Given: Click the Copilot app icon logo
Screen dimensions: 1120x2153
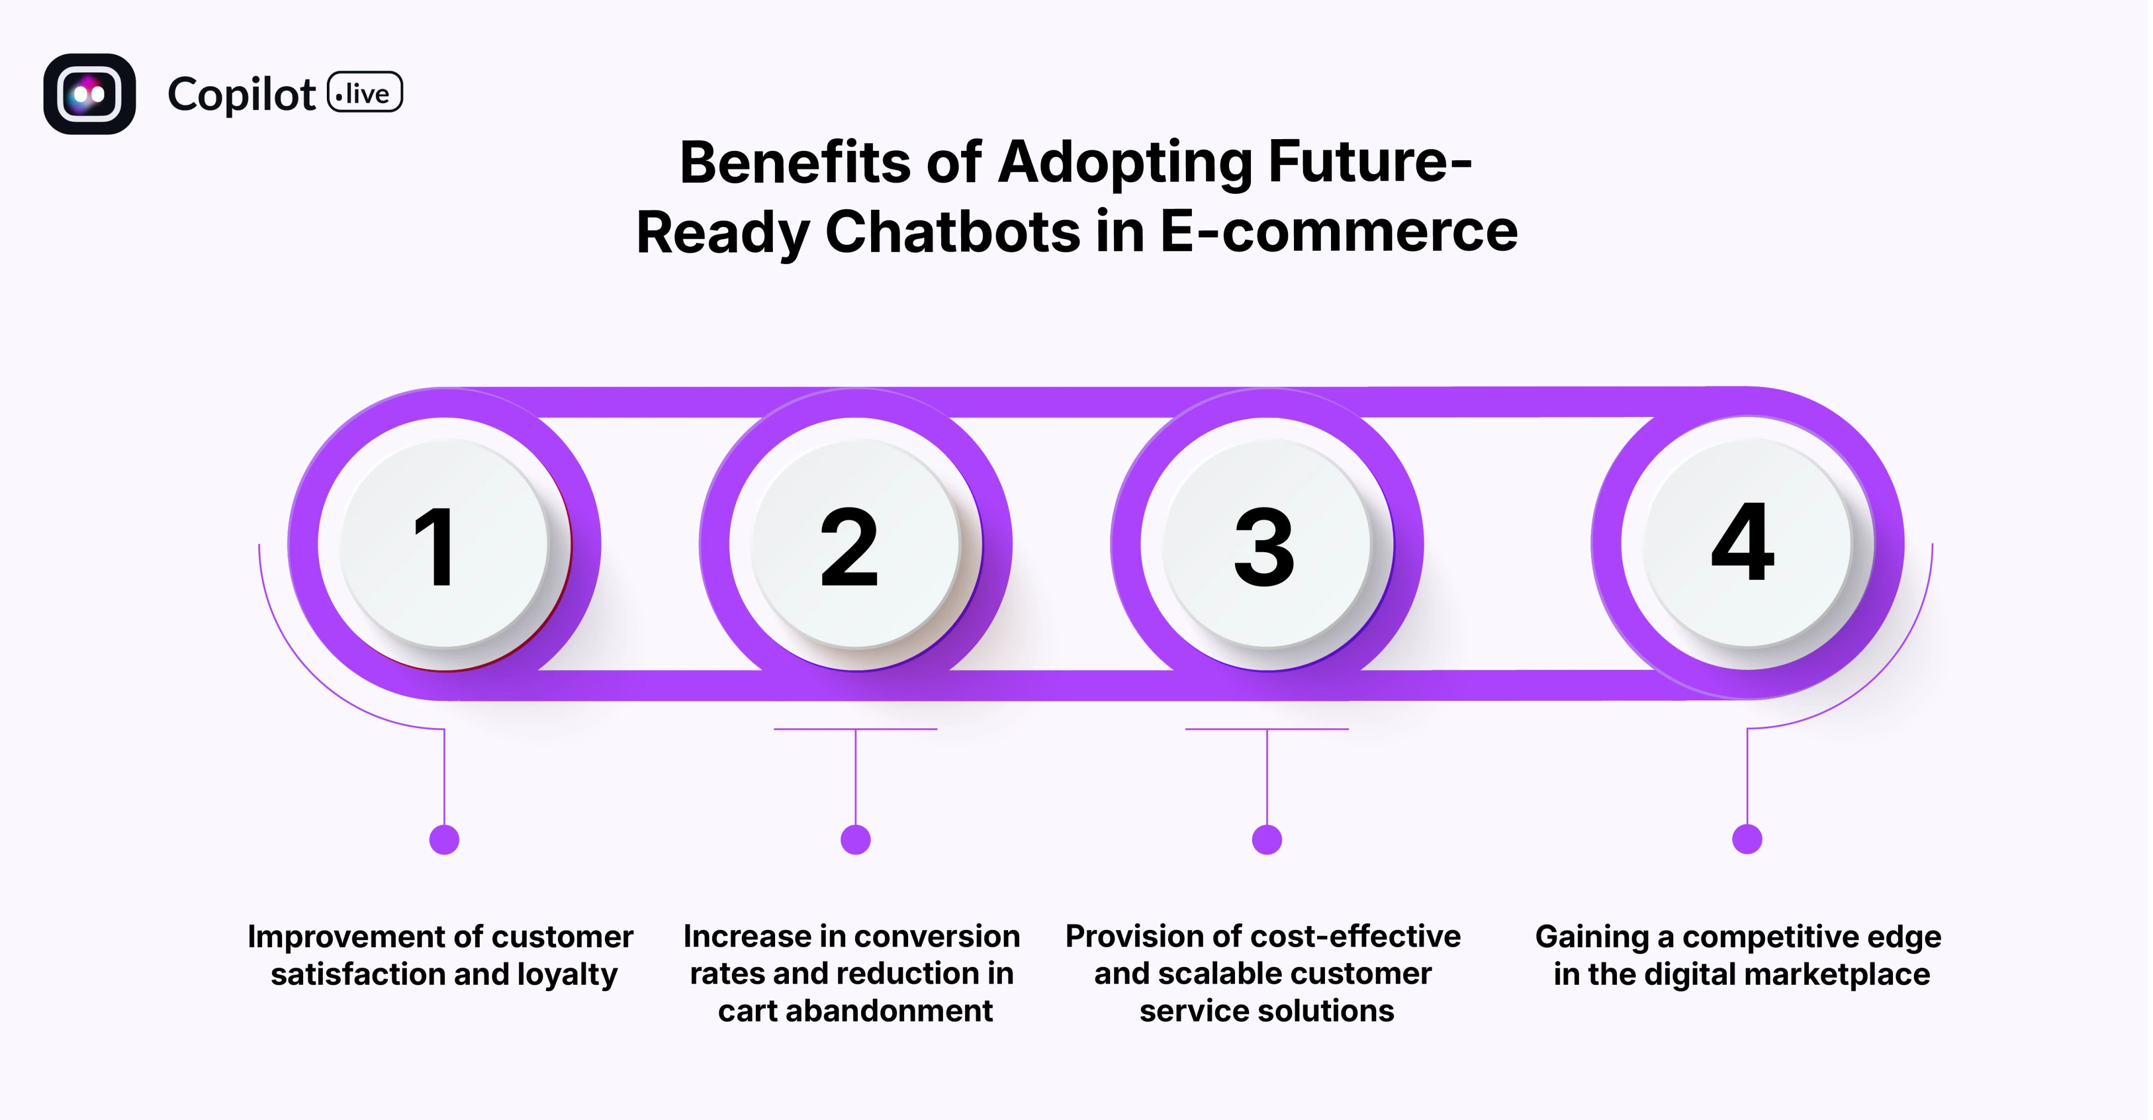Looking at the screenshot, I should [x=89, y=94].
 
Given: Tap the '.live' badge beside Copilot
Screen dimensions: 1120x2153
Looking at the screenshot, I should [x=364, y=93].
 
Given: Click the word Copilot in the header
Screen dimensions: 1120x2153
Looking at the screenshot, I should [x=242, y=94].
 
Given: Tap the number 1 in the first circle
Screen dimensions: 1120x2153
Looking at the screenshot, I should [x=436, y=547].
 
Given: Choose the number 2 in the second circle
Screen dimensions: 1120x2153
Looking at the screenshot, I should [x=849, y=547].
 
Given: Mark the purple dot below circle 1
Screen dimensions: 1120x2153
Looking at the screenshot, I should [x=444, y=839].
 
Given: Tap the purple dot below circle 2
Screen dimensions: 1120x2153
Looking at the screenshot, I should [x=855, y=839].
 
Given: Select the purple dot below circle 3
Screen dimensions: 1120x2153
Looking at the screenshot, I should [x=1267, y=839].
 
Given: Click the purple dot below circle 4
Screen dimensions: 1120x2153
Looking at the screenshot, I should [x=1747, y=838].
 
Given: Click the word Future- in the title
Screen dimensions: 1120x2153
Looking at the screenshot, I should [x=1370, y=162].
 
